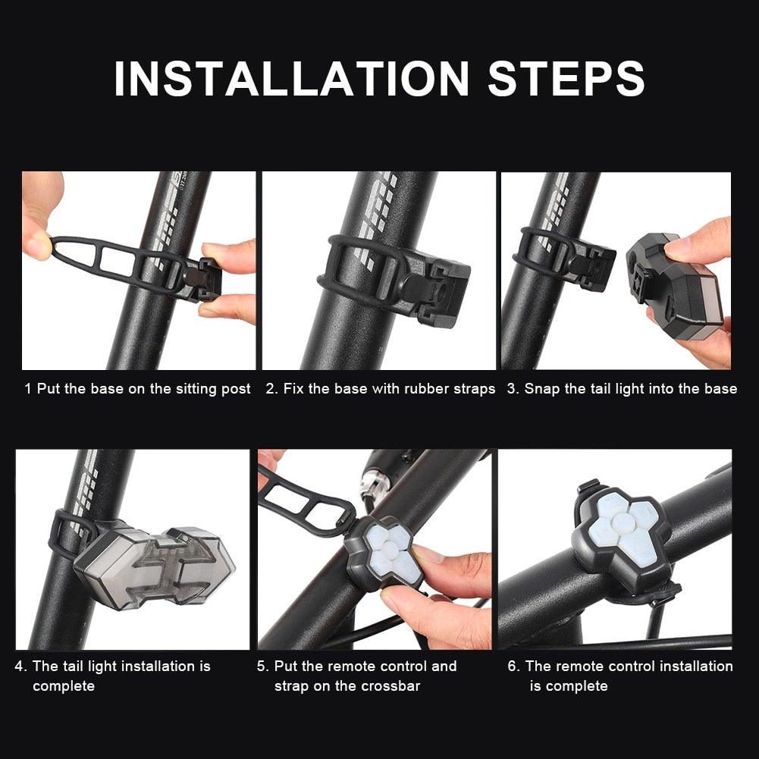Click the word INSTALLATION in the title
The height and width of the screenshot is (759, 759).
tap(292, 78)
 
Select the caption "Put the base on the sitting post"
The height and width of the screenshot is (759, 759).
tap(144, 389)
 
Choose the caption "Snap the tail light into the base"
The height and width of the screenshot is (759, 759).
tap(630, 389)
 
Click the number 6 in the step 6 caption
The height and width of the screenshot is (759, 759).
tap(513, 666)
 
